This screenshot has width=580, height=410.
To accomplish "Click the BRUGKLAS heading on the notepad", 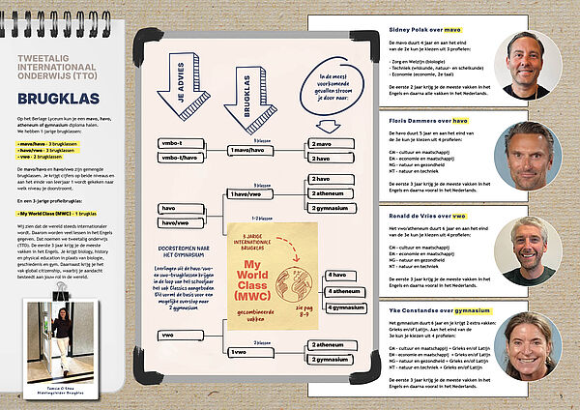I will click(61, 98).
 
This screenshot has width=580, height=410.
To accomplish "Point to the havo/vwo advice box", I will click(180, 222).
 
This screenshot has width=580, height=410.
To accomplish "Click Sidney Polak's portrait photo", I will click(526, 65).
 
